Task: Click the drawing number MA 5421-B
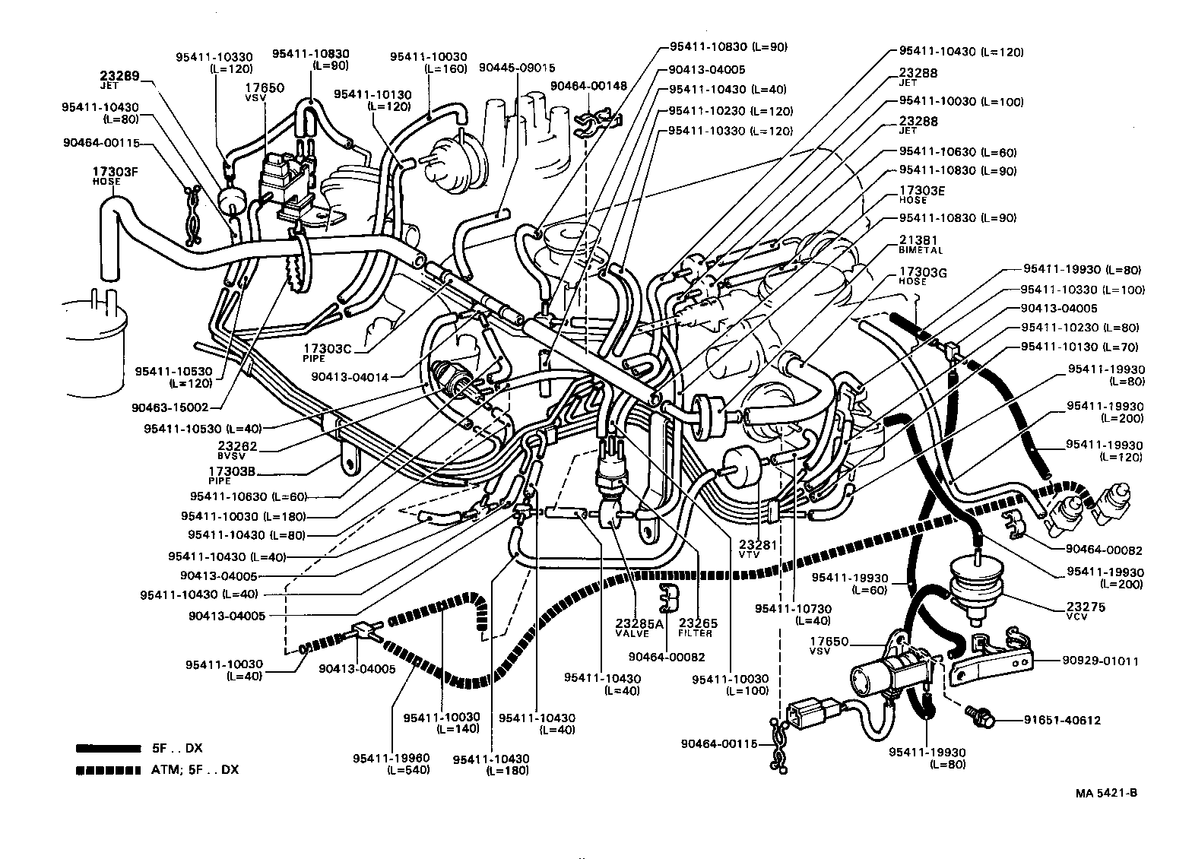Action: pos(1105,794)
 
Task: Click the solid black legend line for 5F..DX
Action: pos(108,748)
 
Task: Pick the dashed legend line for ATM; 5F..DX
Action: pos(108,770)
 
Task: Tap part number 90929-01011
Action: pos(1099,661)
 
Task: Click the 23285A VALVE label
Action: pos(639,628)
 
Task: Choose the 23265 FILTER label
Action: pos(696,628)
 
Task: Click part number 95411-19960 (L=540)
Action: pos(391,763)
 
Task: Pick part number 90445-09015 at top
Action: pos(517,67)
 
